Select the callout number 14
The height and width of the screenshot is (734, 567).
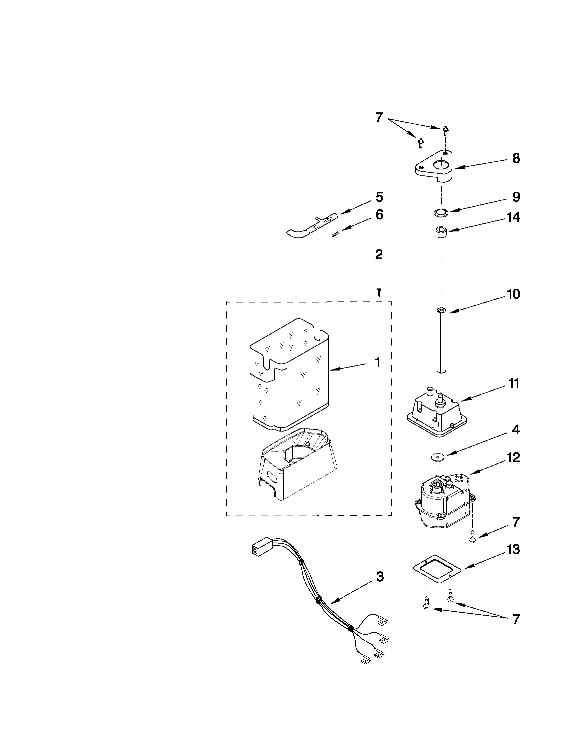pos(513,217)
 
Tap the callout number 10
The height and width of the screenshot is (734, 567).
pos(513,294)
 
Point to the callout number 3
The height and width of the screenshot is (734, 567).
pos(379,577)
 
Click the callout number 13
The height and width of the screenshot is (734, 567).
pos(513,550)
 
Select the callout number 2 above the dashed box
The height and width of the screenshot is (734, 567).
pos(379,254)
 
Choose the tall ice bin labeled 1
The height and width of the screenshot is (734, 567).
pos(289,377)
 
